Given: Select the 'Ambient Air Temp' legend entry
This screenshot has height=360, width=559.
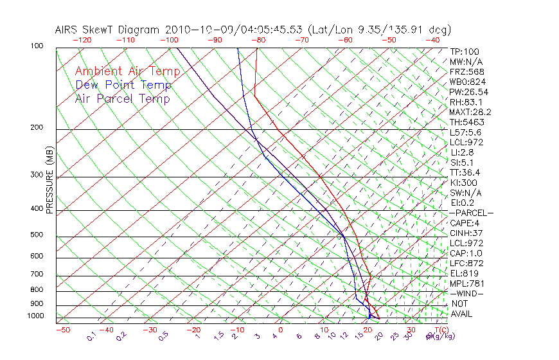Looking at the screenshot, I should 127,71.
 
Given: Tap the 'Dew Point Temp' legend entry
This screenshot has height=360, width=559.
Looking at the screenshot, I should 123,85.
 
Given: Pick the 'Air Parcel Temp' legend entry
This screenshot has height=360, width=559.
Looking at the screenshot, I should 122,98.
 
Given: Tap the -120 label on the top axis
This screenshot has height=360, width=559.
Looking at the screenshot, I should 82,40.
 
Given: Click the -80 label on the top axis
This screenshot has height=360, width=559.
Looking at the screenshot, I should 258,40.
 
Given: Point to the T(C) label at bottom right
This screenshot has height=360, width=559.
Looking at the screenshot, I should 440,330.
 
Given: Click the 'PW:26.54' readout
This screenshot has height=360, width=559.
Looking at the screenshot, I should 469,92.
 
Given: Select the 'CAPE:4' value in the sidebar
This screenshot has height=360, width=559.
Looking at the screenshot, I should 465,223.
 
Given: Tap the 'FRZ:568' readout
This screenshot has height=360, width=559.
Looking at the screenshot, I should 466,71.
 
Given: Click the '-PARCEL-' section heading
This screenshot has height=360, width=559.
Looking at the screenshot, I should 471,213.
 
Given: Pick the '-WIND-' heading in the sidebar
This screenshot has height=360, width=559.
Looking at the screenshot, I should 467,293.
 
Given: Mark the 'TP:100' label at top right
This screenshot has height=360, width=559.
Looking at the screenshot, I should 464,51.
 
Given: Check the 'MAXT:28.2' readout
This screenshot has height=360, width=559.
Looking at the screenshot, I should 471,112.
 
